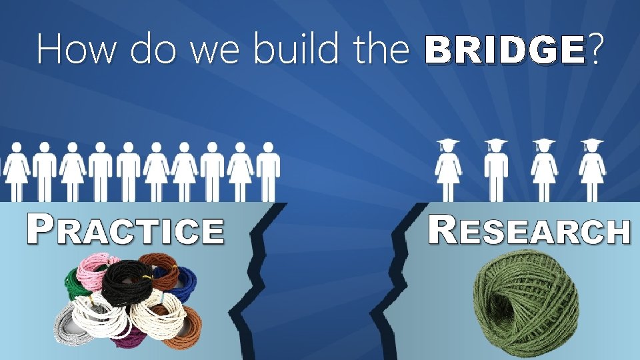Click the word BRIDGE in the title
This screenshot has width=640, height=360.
[505, 49]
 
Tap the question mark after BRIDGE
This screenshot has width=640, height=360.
[595, 49]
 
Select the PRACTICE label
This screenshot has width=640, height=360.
[125, 231]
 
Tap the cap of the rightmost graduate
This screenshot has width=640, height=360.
[592, 143]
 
